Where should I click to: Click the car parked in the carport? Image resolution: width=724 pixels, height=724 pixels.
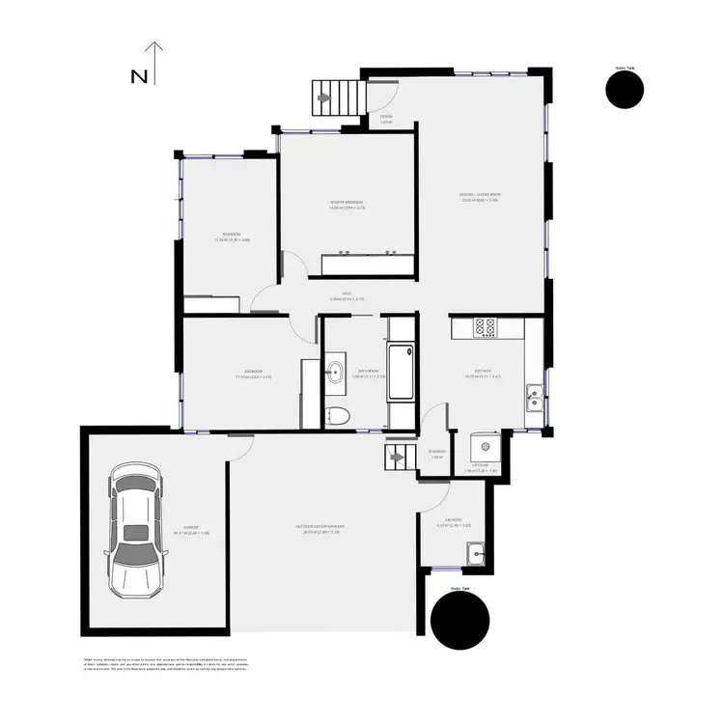pos(134,531)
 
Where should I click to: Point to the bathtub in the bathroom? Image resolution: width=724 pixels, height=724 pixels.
pos(400,372)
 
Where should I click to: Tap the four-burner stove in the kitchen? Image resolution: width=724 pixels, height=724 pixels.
pos(486,328)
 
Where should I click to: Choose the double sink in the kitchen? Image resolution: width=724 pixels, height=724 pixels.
pos(533,394)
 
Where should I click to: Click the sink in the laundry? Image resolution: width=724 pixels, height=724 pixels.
pos(475,553)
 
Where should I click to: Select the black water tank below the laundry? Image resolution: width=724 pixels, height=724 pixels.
pos(459,621)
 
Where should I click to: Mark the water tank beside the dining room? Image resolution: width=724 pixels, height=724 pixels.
pos(624,90)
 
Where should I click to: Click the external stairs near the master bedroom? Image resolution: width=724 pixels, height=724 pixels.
pos(337,97)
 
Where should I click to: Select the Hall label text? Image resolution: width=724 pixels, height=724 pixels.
pos(346,297)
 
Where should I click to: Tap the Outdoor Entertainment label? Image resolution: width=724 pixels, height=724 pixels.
pos(320,528)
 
